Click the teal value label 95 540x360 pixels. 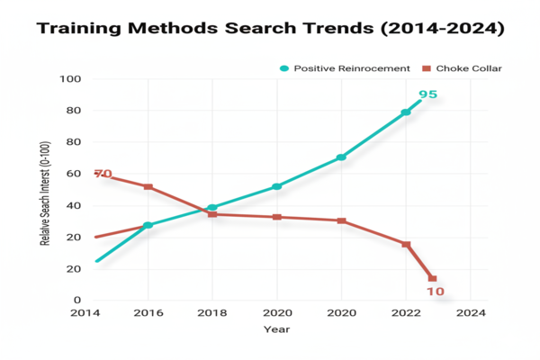click(x=428, y=94)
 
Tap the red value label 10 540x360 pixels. click(x=436, y=292)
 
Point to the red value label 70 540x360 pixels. click(x=103, y=174)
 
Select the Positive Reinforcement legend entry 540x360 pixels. click(x=345, y=68)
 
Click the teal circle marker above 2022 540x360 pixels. click(x=406, y=112)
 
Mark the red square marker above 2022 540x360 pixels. click(x=406, y=245)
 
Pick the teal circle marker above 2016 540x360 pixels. click(x=148, y=225)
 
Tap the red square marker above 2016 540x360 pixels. click(x=148, y=187)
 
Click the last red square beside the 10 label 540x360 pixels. click(x=432, y=279)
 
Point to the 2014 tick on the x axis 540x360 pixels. click(x=85, y=313)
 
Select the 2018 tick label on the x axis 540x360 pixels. click(x=212, y=313)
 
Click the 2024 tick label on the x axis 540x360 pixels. click(x=471, y=313)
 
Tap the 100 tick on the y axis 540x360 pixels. click(x=70, y=79)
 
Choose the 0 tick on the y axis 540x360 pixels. click(x=76, y=301)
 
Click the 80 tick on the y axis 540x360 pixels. click(x=73, y=111)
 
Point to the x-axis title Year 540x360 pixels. click(x=277, y=329)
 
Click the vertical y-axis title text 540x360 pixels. click(x=44, y=191)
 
